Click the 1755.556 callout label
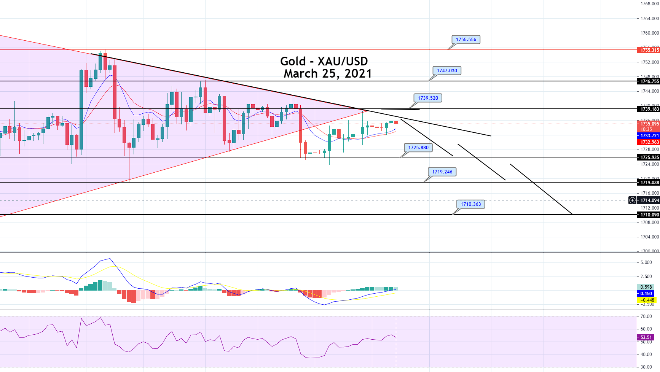coord(466,40)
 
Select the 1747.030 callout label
coord(447,71)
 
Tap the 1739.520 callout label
coord(428,98)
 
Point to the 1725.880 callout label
coord(418,148)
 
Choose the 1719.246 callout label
coord(442,172)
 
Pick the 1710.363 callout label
coord(470,204)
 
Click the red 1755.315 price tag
coord(649,50)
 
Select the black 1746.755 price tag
coord(649,81)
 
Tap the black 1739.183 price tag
coord(649,109)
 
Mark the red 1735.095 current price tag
coord(649,124)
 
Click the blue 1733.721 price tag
coord(649,136)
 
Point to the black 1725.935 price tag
coord(649,157)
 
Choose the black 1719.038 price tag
coord(649,183)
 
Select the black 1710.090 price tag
coord(649,215)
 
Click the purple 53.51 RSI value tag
coord(646,337)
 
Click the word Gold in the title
coord(293,61)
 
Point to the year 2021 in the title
coord(358,73)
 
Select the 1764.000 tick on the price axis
coord(649,18)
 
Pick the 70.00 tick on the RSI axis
coord(646,316)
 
